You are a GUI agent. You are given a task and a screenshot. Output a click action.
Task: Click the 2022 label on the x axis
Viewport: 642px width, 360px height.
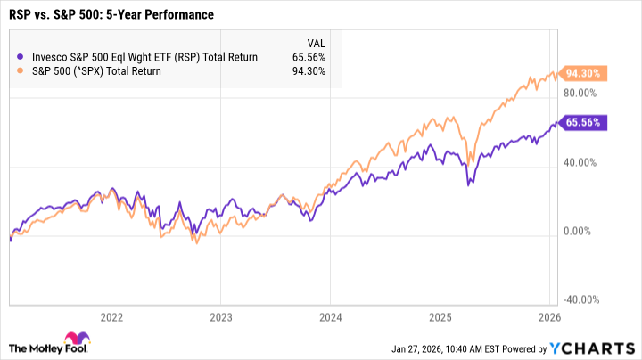click(111, 316)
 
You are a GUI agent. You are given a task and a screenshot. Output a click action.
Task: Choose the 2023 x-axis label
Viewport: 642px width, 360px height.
click(221, 316)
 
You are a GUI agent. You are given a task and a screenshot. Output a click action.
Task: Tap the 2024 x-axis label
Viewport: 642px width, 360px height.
click(330, 316)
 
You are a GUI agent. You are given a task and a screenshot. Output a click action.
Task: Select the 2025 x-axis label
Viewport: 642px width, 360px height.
click(440, 316)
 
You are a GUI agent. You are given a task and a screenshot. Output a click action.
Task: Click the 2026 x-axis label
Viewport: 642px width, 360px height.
click(549, 316)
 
